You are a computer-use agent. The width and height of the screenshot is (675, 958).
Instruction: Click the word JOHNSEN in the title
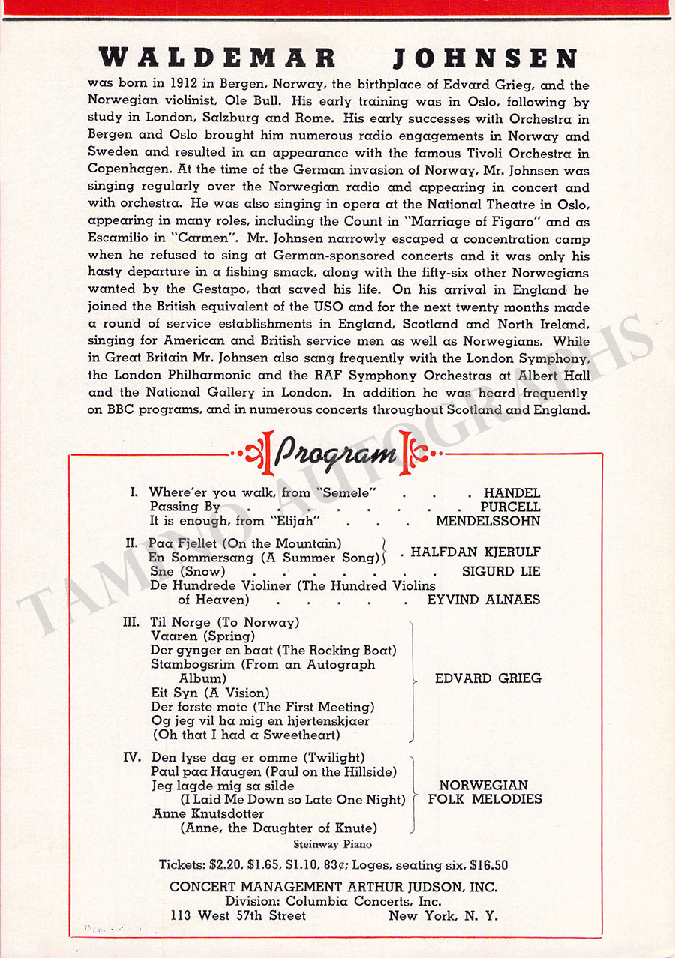tap(484, 58)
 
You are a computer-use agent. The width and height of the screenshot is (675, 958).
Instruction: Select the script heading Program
tap(335, 453)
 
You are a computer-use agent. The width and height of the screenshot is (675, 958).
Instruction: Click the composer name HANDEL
tap(511, 493)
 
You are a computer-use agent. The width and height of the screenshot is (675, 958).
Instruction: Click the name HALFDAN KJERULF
tap(475, 552)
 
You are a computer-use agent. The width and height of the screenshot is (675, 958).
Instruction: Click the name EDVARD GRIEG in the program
tap(487, 678)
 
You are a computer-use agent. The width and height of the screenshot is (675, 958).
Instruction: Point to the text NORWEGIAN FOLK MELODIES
tap(484, 792)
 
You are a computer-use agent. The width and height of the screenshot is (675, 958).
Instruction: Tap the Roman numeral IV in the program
tap(133, 757)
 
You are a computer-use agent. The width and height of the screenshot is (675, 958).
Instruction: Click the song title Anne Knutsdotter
tap(208, 813)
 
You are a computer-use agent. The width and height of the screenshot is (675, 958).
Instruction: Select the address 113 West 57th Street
tap(238, 915)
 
